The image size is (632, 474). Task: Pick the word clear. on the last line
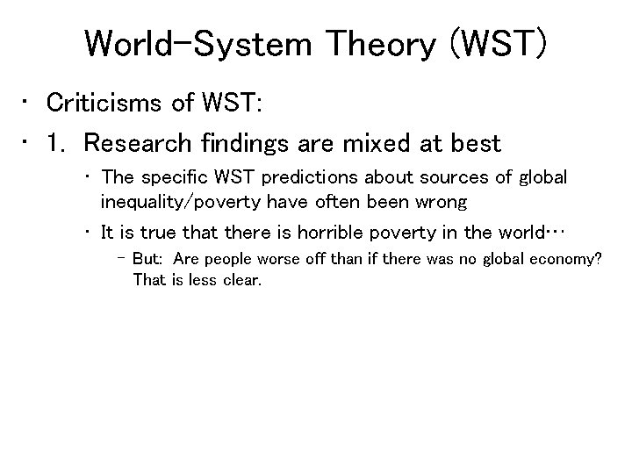tap(242, 280)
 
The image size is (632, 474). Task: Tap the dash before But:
tap(121, 261)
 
